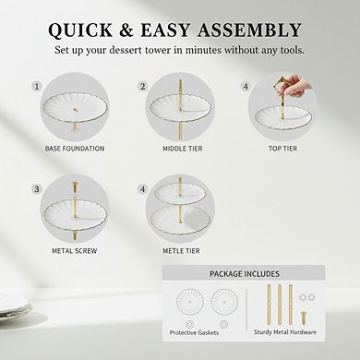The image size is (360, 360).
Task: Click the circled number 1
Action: (38, 86)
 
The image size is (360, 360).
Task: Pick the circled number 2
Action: (143, 86)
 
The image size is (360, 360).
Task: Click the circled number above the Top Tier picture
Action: (246, 86)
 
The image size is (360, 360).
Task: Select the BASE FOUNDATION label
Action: (75, 148)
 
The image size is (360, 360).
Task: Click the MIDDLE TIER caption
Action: (178, 148)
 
